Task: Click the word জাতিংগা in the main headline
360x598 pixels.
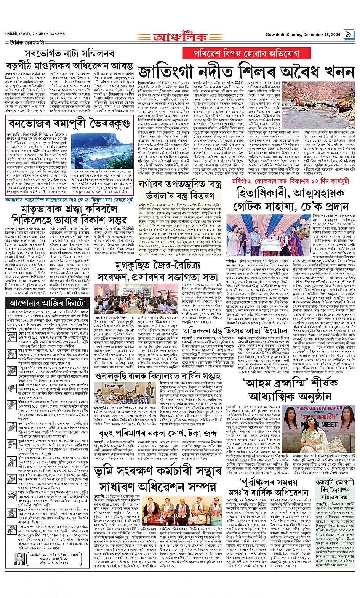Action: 173,72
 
